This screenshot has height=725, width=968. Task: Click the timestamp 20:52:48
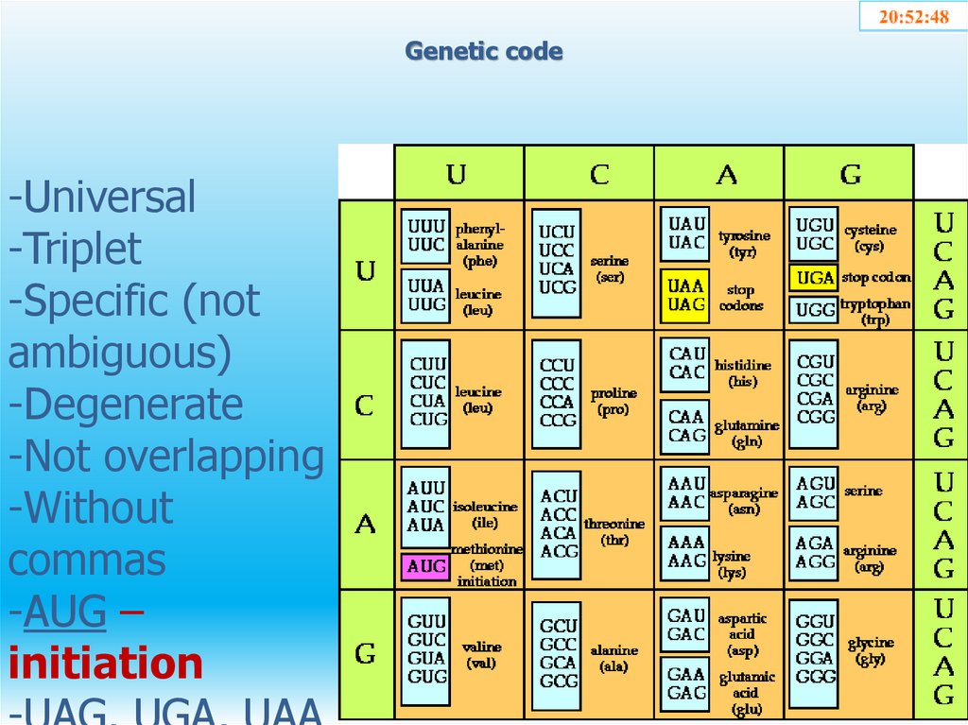point(913,17)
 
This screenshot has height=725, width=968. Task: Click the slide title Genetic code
point(484,51)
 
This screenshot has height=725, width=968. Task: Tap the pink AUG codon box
point(425,566)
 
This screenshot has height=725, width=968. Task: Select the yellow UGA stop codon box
point(813,277)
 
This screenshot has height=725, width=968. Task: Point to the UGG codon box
point(813,309)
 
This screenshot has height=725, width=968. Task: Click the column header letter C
point(599,174)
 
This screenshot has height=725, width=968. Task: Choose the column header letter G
point(851,174)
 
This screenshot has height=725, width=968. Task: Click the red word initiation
point(106,664)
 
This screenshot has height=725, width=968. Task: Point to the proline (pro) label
point(614,402)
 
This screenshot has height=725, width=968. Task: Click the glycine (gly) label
point(871,650)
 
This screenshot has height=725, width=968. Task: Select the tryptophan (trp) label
point(875,311)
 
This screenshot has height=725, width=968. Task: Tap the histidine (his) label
point(743,373)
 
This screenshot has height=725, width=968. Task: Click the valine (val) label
point(482,654)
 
